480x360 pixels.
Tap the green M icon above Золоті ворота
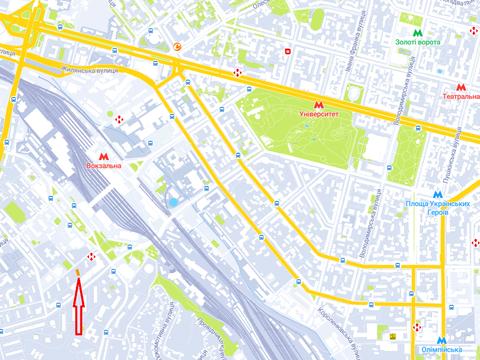coord(415,29)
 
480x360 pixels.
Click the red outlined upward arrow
coord(77,306)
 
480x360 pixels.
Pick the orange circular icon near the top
coord(177,46)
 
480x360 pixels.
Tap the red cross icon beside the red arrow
coord(92,258)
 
